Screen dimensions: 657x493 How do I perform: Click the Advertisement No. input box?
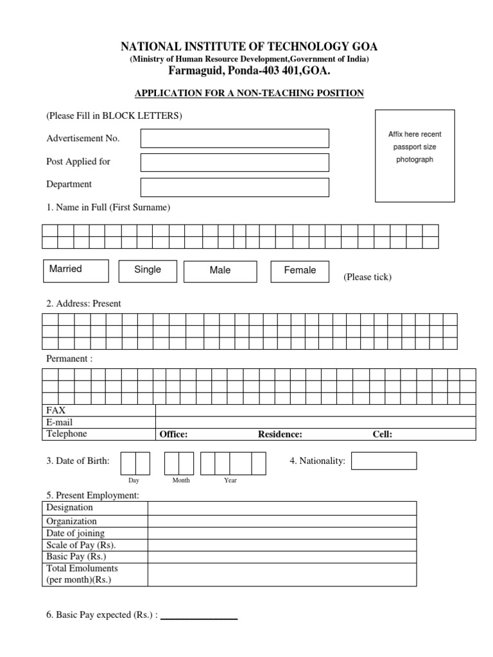[234, 138]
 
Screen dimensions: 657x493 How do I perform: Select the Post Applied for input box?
[234, 162]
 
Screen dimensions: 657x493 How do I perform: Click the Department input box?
[234, 187]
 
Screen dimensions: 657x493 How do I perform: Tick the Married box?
[76, 271]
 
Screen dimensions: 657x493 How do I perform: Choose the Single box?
[148, 271]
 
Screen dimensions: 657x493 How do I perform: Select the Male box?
[220, 271]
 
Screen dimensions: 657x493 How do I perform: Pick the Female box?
[300, 271]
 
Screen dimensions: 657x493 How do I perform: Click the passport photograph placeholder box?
[415, 156]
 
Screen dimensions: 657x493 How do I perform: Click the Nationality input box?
[384, 461]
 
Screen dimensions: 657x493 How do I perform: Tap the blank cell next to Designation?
[282, 508]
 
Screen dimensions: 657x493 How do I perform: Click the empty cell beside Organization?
[282, 522]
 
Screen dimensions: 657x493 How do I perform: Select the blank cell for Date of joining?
[282, 533]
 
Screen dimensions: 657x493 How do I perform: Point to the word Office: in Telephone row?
[173, 434]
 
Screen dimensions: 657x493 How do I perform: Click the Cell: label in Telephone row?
[383, 434]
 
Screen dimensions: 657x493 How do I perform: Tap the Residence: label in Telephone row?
[280, 434]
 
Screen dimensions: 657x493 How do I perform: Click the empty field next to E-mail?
[315, 422]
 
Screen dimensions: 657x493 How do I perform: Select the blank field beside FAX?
[315, 411]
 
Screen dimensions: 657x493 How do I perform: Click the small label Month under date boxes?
[181, 480]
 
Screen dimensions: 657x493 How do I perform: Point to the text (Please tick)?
[367, 277]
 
